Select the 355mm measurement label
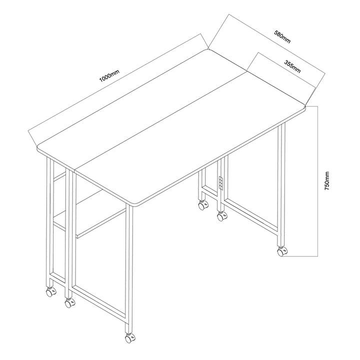point(292,66)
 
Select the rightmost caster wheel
point(281,251)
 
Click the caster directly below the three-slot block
point(220,216)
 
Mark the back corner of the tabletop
point(208,48)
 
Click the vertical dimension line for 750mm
point(317,181)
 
